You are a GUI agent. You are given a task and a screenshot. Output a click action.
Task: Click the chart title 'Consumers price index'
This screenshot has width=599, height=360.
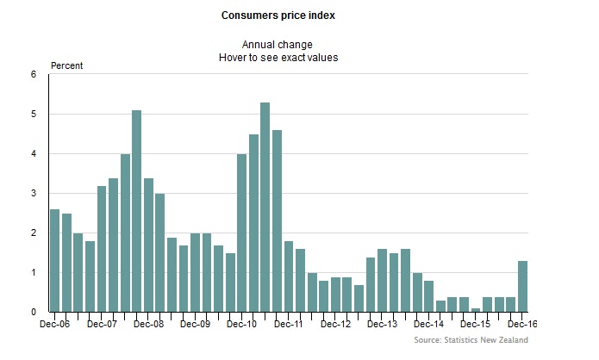tap(278, 16)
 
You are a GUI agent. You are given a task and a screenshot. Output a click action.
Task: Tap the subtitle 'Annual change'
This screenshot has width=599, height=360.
tap(278, 44)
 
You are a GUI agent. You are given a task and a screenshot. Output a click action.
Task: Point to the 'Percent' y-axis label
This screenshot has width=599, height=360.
tap(68, 66)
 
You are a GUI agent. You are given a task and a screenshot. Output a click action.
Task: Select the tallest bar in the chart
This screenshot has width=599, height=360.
tap(265, 207)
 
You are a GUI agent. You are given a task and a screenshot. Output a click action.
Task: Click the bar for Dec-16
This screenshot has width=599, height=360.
tap(522, 286)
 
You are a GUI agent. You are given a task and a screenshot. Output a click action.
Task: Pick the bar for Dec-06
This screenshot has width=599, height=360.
tap(55, 260)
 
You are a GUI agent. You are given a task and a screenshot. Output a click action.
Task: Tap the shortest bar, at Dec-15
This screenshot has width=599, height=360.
tap(476, 309)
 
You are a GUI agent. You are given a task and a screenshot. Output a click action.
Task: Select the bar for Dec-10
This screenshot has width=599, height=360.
tap(242, 233)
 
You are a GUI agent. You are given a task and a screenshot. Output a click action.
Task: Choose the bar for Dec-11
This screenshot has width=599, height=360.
tap(289, 276)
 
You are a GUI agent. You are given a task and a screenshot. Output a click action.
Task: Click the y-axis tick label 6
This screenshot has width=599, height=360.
tap(34, 75)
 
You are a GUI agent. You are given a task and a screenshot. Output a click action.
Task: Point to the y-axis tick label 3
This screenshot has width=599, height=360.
tap(34, 194)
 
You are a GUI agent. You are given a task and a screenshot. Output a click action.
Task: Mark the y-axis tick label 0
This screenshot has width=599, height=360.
tap(34, 313)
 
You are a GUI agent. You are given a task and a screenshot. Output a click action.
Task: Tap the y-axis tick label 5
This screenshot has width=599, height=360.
tap(34, 115)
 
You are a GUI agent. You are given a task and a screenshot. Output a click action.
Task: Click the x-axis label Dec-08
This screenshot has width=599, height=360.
tap(149, 326)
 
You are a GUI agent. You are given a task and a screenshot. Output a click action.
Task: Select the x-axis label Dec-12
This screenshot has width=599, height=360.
tap(335, 326)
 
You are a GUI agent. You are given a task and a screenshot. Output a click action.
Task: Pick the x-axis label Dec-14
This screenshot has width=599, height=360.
tap(428, 326)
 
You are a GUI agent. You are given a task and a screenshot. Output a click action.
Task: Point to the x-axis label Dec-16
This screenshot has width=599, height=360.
tap(521, 326)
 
